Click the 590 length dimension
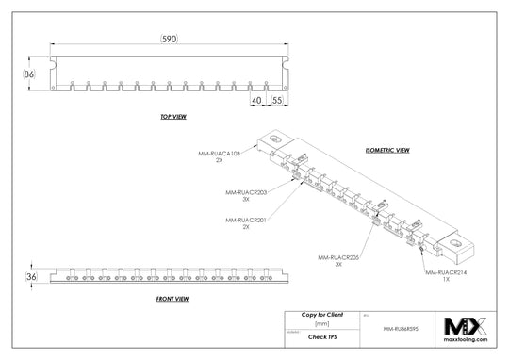pyautogui.click(x=168, y=39)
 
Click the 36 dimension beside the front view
pyautogui.click(x=29, y=277)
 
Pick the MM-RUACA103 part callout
pyautogui.click(x=219, y=155)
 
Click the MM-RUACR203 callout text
pyautogui.click(x=246, y=194)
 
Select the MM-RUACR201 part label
pyautogui.click(x=246, y=223)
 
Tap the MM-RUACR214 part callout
pyautogui.click(x=446, y=274)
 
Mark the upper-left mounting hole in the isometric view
pyautogui.click(x=275, y=139)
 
